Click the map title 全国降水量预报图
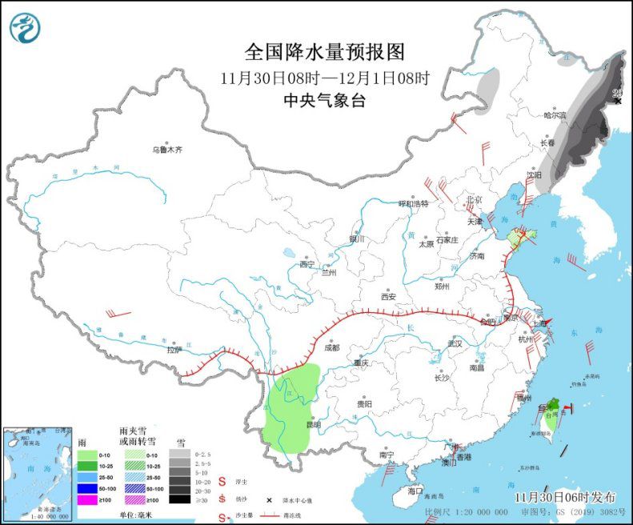[x=325, y=52]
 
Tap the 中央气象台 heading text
[x=324, y=101]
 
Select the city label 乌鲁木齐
[x=167, y=149]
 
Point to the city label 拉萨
[x=174, y=350]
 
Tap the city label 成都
[x=331, y=348]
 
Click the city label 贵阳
[x=364, y=405]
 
